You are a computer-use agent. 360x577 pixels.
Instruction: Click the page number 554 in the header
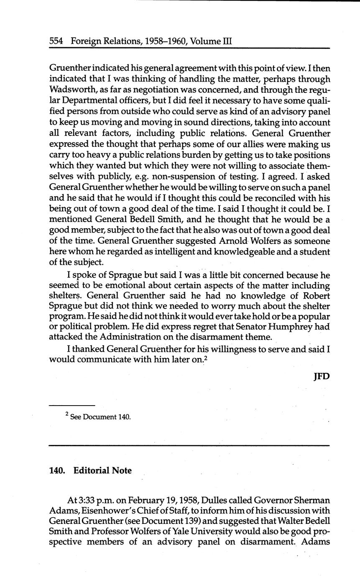coord(56,41)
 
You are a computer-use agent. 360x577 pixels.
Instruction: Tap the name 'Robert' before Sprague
coord(316,296)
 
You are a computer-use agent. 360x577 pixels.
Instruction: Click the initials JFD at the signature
coord(321,376)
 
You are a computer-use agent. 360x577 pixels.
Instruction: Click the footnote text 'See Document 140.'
coord(100,417)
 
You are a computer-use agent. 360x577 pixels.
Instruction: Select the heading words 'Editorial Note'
coord(102,470)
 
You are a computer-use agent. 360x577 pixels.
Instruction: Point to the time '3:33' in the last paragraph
coord(87,500)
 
